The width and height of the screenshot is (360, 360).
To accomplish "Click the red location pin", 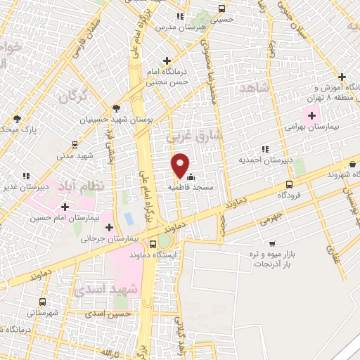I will click(181, 165).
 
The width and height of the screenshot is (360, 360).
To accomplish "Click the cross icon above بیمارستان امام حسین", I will click(65, 207).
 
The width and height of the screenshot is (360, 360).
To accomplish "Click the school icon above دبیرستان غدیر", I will click(26, 176).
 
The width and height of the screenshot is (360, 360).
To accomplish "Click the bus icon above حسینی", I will click(222, 9).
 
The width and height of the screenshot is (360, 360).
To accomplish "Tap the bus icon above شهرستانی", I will click(43, 301).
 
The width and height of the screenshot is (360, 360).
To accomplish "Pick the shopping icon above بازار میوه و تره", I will click(272, 244).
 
